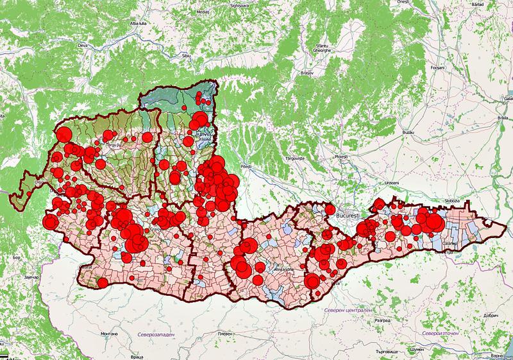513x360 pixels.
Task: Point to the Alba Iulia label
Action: (140, 23)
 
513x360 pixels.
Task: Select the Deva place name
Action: (101, 46)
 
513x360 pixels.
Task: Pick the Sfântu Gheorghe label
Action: (321, 48)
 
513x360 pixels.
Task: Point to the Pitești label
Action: (246, 166)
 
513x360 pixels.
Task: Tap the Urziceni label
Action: (392, 184)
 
